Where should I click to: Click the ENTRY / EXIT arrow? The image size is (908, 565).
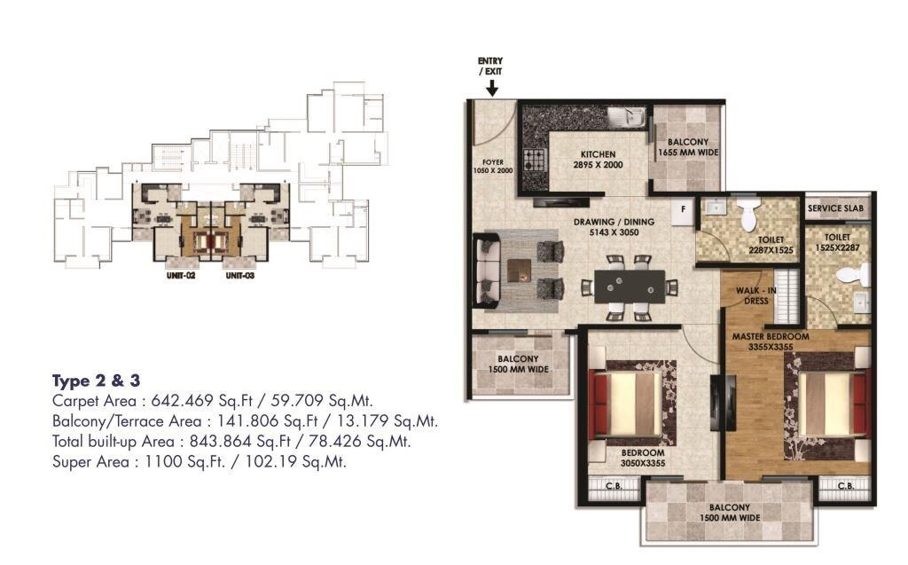coord(491,87)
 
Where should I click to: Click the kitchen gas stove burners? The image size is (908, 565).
coord(535,161)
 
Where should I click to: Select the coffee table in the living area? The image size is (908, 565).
coord(521,270)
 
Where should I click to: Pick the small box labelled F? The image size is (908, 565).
coord(683,210)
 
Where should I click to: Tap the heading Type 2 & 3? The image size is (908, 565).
coord(96,381)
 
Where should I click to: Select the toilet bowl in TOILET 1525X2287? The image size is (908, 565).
coord(854,275)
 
